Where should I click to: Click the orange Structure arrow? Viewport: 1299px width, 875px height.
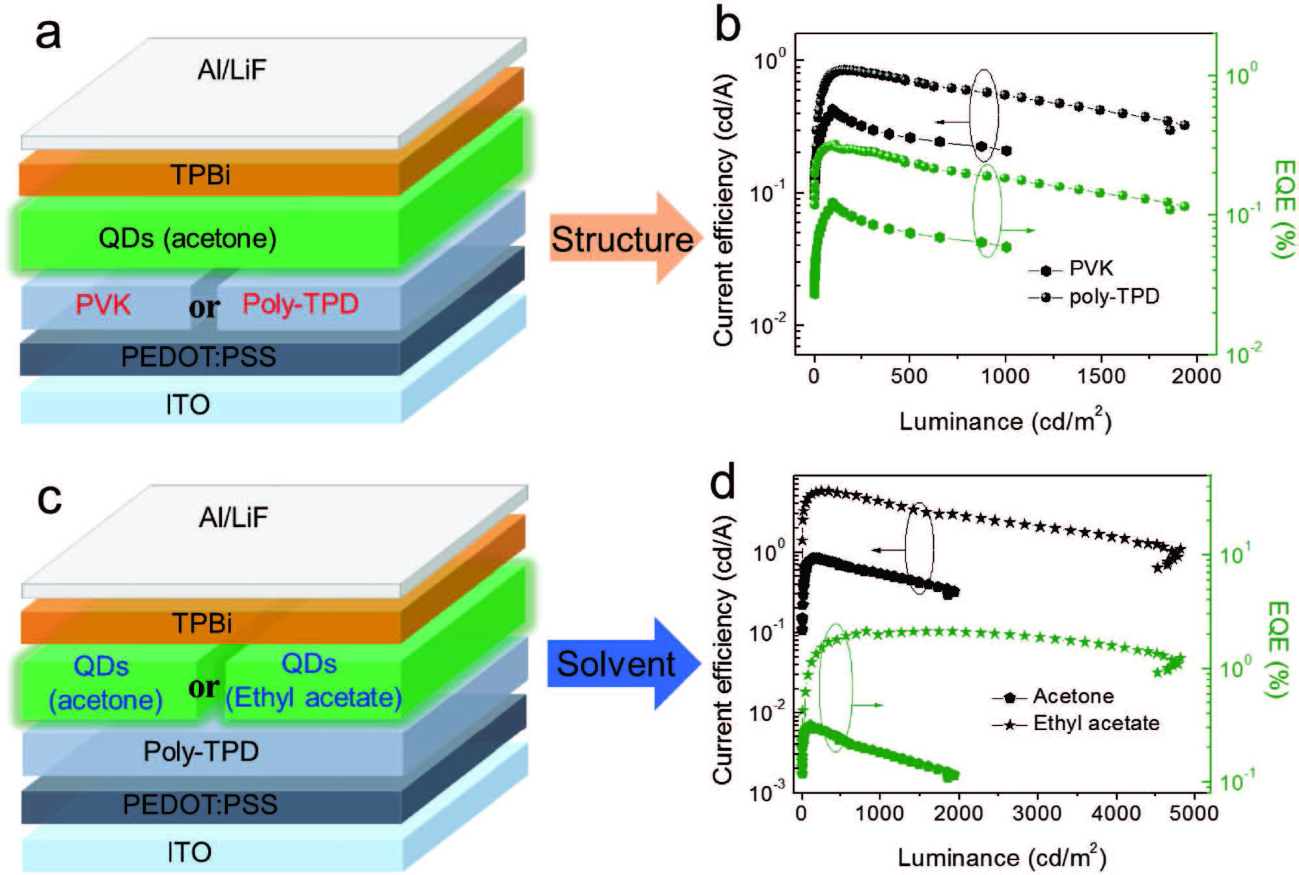622,239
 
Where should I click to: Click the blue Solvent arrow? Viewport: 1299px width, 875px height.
617,664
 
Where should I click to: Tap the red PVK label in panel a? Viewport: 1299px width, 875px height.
103,304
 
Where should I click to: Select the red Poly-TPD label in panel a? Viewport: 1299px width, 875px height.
300,304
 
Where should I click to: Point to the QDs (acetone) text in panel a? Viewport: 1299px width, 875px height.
187,238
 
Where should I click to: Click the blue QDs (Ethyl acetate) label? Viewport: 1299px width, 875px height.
313,681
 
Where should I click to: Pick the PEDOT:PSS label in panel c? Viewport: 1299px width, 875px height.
200,804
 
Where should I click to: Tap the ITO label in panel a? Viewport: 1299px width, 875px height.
187,405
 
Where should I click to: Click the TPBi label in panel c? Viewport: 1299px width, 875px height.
202,623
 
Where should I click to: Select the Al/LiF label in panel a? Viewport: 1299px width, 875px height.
232,70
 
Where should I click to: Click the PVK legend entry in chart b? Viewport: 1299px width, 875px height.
1091,268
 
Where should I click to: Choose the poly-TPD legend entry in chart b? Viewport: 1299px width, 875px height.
1114,297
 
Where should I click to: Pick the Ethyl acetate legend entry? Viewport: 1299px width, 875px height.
1096,723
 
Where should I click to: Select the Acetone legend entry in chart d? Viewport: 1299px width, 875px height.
1073,696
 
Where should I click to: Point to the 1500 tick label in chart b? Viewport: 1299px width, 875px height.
1101,376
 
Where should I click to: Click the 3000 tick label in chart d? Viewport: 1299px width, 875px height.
1037,813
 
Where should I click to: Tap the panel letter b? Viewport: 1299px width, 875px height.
727,25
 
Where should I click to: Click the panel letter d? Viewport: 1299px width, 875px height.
722,482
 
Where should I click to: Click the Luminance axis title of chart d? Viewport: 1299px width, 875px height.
1002,857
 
